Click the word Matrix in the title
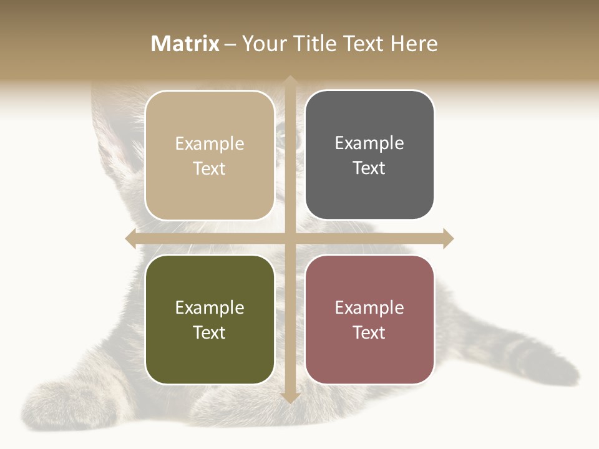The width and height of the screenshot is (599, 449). click(x=185, y=44)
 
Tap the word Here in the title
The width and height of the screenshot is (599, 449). click(x=414, y=44)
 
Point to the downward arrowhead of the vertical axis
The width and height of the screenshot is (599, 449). click(x=290, y=397)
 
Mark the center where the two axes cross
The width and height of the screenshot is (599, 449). click(x=290, y=238)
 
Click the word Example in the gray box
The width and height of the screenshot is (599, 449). click(x=369, y=143)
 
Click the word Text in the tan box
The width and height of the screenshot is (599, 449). click(x=210, y=168)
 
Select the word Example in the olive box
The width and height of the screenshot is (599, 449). click(x=210, y=307)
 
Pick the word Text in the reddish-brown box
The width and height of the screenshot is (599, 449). click(x=369, y=332)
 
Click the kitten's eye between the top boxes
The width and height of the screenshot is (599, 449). click(x=282, y=132)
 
